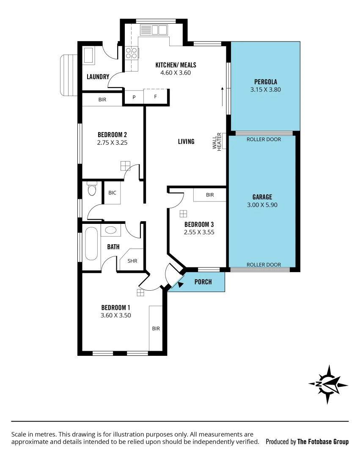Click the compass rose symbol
[x=328, y=384]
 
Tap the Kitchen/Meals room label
[x=176, y=65]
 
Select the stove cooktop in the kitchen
[x=131, y=53]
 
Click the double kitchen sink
[x=154, y=30]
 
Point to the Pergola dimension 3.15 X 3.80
[x=265, y=89]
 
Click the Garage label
[x=262, y=197]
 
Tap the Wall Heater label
[x=217, y=142]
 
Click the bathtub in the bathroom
[x=91, y=244]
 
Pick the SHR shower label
[x=132, y=261]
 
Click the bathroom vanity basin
[x=111, y=230]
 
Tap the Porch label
[x=203, y=282]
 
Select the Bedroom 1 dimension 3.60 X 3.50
[x=115, y=315]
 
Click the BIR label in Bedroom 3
[x=210, y=195]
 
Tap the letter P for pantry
[x=134, y=97]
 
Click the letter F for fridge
[x=155, y=97]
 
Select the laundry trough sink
[x=89, y=55]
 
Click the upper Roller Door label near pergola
[x=264, y=139]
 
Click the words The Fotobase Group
[x=323, y=442]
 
